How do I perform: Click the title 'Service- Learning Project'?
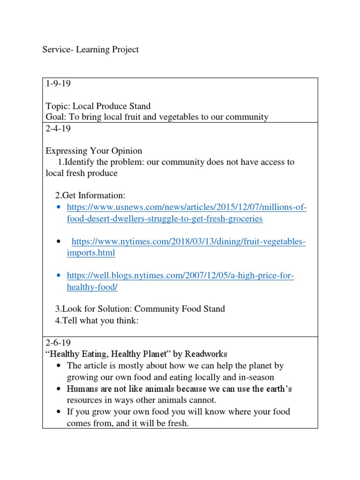pyautogui.click(x=90, y=49)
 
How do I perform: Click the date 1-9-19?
pyautogui.click(x=58, y=84)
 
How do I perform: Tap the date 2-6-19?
pyautogui.click(x=58, y=343)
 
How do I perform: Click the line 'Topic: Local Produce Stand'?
pyautogui.click(x=98, y=106)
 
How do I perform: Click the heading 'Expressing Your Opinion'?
pyautogui.click(x=94, y=151)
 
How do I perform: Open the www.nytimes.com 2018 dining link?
pyautogui.click(x=188, y=242)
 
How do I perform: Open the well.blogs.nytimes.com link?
pyautogui.click(x=180, y=276)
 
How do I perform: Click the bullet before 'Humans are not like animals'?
pyautogui.click(x=58, y=389)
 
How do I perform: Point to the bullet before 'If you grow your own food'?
pyautogui.click(x=58, y=412)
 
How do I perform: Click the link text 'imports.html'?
pyautogui.click(x=91, y=253)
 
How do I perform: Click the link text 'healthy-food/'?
pyautogui.click(x=92, y=287)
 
